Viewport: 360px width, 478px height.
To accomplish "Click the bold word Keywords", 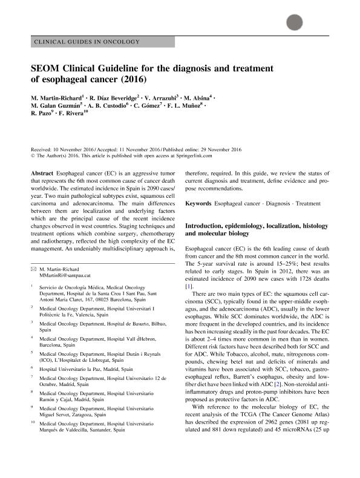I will tap(198, 204).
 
